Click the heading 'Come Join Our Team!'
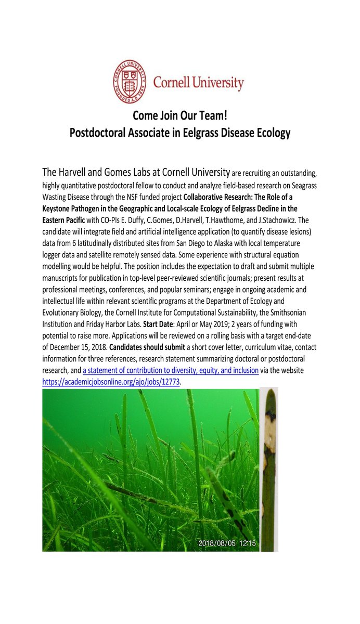coord(179,115)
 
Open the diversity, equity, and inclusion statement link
coord(171,371)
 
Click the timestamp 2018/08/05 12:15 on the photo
coord(227,543)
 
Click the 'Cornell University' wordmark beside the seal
coord(198,82)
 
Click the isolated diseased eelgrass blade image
coord(269,470)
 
